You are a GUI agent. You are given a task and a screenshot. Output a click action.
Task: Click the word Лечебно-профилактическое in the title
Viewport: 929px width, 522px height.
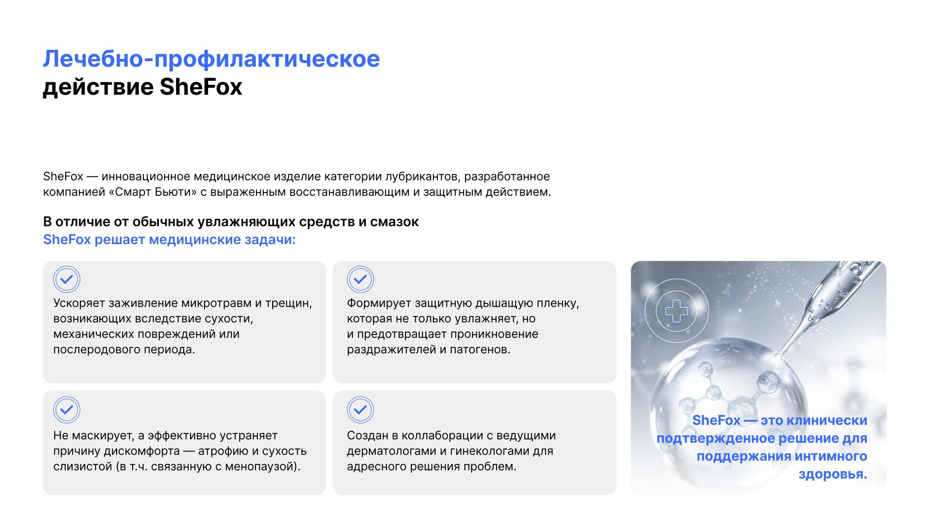[x=211, y=59]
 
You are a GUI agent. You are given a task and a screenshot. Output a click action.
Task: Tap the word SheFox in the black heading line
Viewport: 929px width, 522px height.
[x=201, y=87]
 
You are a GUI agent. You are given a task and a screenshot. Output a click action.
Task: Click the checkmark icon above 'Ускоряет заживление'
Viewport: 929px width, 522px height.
[x=67, y=279]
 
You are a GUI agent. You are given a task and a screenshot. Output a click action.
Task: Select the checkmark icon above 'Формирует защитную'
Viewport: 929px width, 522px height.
[x=360, y=279]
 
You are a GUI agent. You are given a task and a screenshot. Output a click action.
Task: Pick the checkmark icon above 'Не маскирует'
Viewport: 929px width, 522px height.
[x=67, y=410]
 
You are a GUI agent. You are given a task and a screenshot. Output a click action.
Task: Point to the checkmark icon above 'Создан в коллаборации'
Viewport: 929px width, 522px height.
[x=360, y=410]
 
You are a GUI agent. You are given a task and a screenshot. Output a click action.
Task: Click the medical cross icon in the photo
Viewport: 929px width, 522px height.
[x=677, y=311]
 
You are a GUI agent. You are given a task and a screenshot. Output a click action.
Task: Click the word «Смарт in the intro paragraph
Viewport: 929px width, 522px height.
[x=130, y=192]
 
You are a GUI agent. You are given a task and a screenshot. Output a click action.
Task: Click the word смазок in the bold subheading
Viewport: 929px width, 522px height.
[x=394, y=222]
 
